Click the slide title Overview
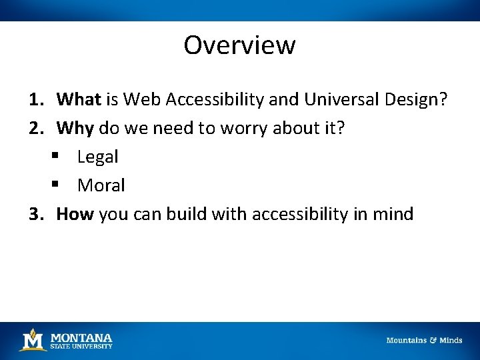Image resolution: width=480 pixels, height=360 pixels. pyautogui.click(x=239, y=45)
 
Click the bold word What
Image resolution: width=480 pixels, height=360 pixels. pyautogui.click(x=78, y=100)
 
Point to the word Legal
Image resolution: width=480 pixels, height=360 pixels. pyautogui.click(x=97, y=157)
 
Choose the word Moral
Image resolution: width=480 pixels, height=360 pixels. pyautogui.click(x=101, y=186)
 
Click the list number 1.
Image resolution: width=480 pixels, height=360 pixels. pyautogui.click(x=35, y=100)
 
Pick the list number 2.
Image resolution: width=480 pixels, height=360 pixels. pyautogui.click(x=35, y=129)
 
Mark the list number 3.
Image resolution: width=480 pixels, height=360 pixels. pyautogui.click(x=35, y=214)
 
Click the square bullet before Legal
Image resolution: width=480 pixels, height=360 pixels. pyautogui.click(x=55, y=157)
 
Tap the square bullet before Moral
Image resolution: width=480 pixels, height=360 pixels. pyautogui.click(x=55, y=186)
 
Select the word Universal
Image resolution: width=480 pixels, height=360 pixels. pyautogui.click(x=341, y=100)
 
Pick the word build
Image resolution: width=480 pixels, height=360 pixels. pyautogui.click(x=187, y=214)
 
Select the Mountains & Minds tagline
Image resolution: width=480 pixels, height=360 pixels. pyautogui.click(x=424, y=341)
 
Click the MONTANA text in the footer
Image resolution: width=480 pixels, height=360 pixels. pyautogui.click(x=81, y=337)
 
